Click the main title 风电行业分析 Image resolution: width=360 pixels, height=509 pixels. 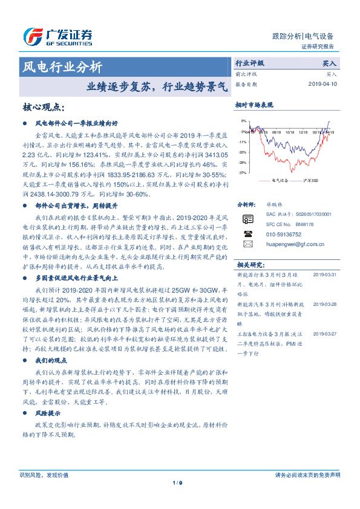click(x=62, y=67)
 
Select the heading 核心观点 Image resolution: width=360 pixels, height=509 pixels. click(x=42, y=107)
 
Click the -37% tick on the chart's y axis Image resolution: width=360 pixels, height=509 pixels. click(x=243, y=173)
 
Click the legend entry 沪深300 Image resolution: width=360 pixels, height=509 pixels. click(x=311, y=180)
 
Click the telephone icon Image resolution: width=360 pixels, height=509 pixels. click(x=247, y=233)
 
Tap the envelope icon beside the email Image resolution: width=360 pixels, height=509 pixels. click(x=247, y=244)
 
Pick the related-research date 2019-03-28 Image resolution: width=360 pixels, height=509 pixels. click(x=325, y=304)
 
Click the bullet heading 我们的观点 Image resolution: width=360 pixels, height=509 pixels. click(x=50, y=360)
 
